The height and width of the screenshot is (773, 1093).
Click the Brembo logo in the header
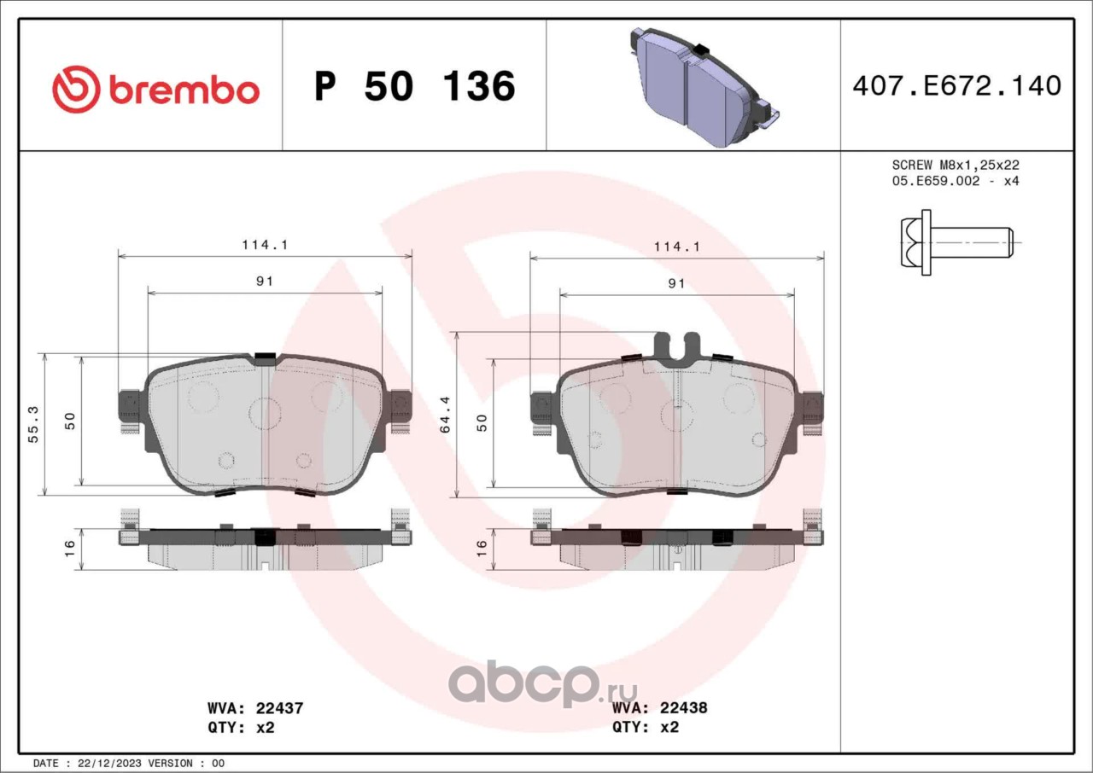[x=155, y=90]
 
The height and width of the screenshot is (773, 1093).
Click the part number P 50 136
[x=415, y=86]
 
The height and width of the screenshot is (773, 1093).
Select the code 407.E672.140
[x=957, y=86]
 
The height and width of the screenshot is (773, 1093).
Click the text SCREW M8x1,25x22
[x=956, y=165]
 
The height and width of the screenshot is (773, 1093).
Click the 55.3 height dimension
[x=33, y=424]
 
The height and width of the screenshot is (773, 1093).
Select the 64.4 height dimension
[x=445, y=415]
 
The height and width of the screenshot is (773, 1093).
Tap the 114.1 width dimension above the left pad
[x=265, y=245]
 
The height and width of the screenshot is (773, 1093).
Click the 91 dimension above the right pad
[x=676, y=283]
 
